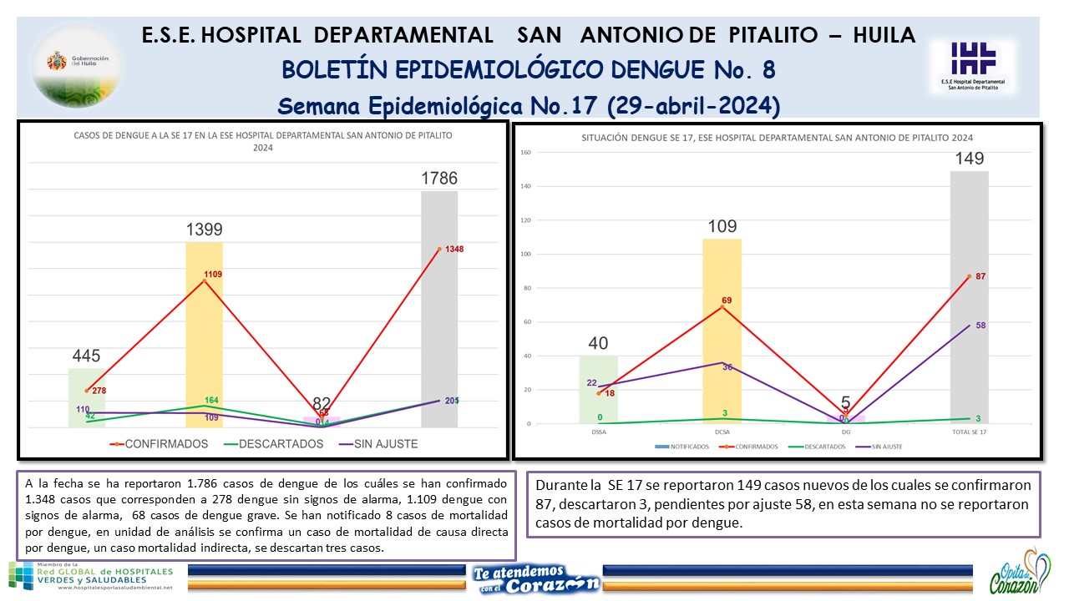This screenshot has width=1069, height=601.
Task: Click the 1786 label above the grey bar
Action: coord(439,178)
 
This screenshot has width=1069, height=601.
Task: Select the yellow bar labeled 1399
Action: coord(204,334)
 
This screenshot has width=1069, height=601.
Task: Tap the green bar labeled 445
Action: coord(87,397)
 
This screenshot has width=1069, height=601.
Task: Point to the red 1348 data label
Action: coord(454,249)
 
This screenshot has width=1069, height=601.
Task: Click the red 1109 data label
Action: coord(211,274)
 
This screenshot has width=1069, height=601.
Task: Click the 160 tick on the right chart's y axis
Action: coord(524,153)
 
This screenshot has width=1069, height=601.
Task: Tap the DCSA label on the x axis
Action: coord(722,432)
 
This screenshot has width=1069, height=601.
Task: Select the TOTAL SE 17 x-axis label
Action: coord(969,432)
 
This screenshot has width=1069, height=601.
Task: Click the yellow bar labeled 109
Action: coord(722,334)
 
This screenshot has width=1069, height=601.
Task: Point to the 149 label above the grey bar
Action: coord(970,159)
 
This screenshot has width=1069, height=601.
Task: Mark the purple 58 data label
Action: coord(980,326)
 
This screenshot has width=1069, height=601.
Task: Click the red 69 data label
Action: coord(727,300)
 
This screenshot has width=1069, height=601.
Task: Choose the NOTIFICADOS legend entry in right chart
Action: coord(687,447)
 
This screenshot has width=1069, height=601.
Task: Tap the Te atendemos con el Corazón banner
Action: coord(535,577)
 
